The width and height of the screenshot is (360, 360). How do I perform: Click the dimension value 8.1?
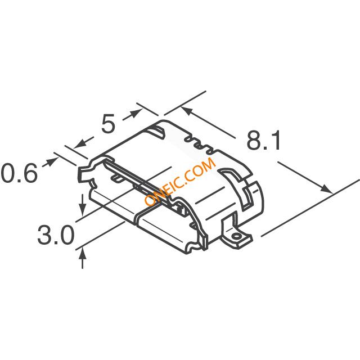click(x=264, y=141)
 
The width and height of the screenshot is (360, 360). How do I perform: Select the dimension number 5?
click(x=108, y=124)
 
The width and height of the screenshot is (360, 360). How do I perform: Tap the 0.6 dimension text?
click(x=19, y=173)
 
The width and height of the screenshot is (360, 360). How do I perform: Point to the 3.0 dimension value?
click(x=56, y=235)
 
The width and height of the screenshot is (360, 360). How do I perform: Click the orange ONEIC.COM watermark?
click(x=180, y=181)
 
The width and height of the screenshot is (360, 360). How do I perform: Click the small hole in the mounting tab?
click(x=236, y=236)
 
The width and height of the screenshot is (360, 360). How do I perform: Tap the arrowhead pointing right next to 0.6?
click(x=52, y=161)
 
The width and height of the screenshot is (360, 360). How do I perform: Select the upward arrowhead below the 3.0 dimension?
click(x=83, y=254)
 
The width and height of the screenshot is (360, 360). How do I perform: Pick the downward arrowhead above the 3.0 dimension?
click(x=83, y=209)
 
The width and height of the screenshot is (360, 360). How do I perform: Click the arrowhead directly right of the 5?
click(x=136, y=113)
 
